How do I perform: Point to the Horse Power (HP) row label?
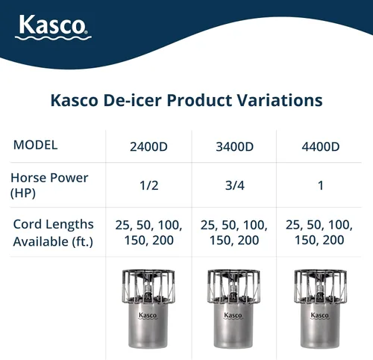[49, 184]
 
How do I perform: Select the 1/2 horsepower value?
[149, 185]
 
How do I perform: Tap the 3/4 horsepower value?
[234, 185]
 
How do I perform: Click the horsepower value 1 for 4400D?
[320, 185]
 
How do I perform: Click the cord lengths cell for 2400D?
[149, 232]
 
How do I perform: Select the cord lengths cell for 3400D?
[234, 232]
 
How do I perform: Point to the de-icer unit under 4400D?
[319, 310]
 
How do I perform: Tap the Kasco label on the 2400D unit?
[148, 315]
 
